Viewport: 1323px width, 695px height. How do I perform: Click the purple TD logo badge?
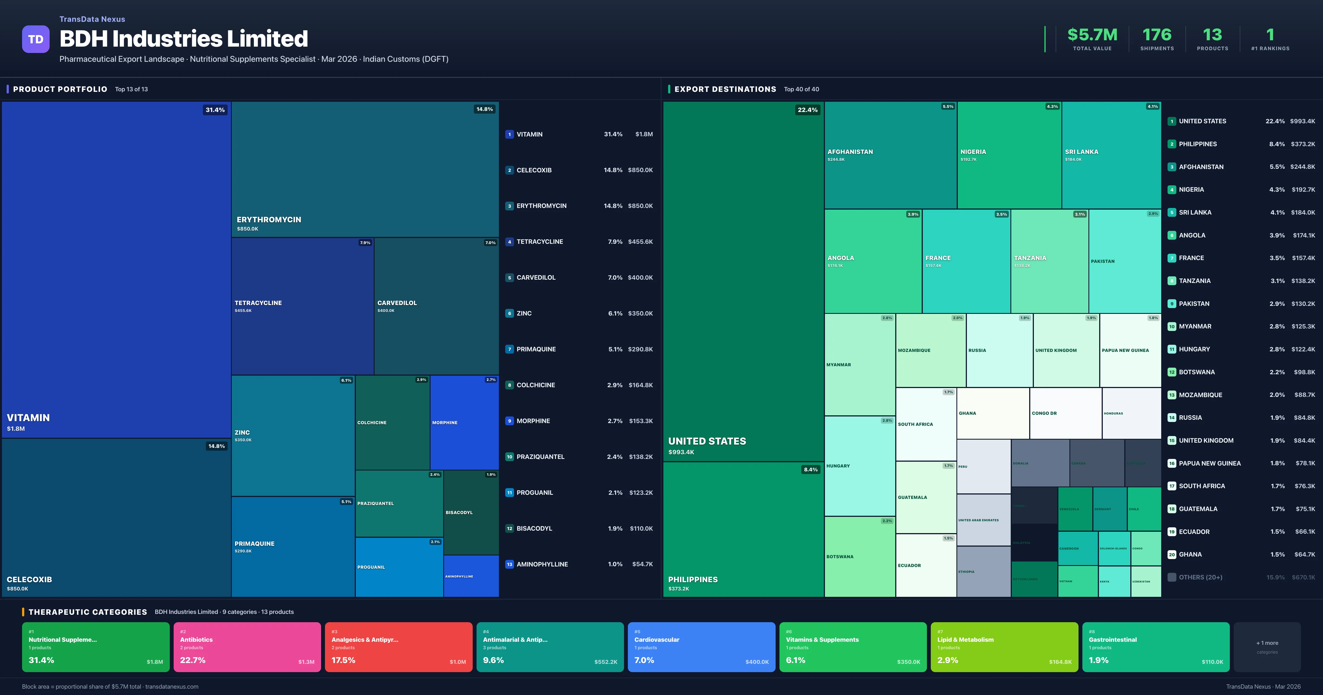36,39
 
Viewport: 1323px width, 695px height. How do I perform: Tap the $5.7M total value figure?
1092,35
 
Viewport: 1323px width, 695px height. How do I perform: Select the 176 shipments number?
1157,35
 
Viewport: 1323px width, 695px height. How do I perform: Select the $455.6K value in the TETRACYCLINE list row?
640,242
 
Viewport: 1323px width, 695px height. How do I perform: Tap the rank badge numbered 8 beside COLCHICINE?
509,385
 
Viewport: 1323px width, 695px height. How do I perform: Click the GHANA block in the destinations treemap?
992,413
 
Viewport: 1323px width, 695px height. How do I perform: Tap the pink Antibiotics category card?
247,647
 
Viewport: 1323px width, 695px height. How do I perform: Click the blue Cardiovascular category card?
701,647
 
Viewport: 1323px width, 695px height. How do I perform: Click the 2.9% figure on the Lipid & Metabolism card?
948,660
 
